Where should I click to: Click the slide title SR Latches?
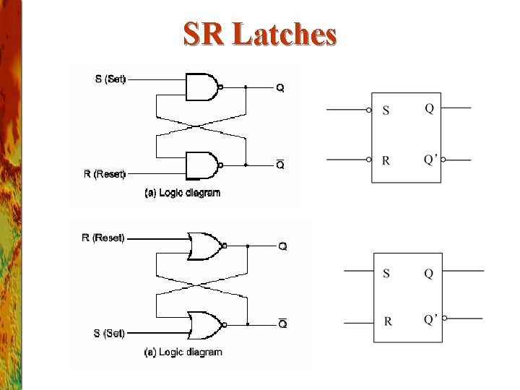click(x=260, y=34)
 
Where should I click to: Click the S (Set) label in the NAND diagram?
click(x=110, y=79)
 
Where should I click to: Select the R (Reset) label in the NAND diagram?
click(x=105, y=173)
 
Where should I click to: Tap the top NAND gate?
click(x=203, y=87)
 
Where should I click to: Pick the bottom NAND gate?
click(x=203, y=165)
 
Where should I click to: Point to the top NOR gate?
click(x=205, y=246)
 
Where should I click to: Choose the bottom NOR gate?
click(x=205, y=324)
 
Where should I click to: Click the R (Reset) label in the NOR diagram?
click(x=103, y=238)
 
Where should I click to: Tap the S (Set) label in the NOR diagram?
click(x=109, y=333)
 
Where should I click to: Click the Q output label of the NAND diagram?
click(x=280, y=88)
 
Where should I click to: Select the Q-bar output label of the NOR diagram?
click(x=282, y=324)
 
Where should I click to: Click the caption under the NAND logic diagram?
click(x=183, y=193)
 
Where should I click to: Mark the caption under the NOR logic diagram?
click(x=183, y=352)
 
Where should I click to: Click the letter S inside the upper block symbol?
click(x=386, y=110)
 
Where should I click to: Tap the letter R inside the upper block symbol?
click(x=386, y=160)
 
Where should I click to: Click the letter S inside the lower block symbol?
click(x=386, y=273)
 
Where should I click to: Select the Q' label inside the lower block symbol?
click(x=431, y=318)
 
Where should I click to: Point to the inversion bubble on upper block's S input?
click(x=369, y=110)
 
